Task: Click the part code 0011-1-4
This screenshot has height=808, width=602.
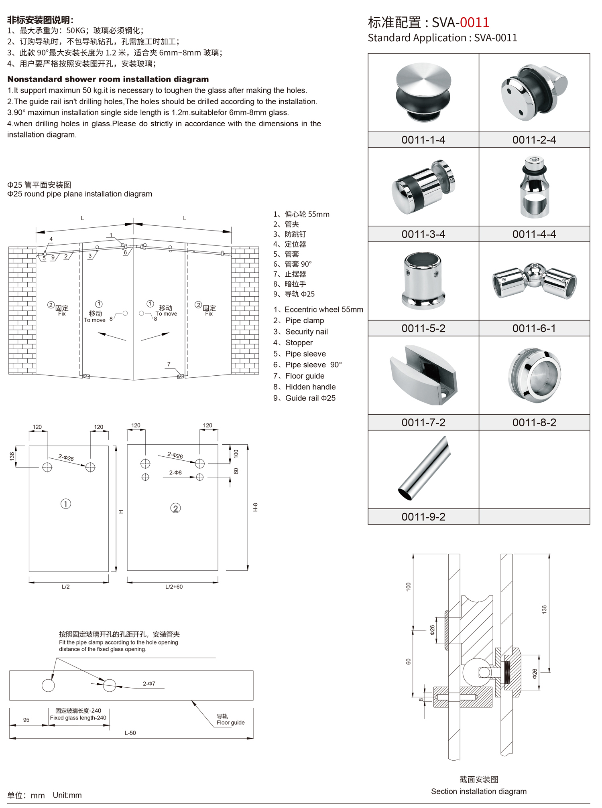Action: click(423, 140)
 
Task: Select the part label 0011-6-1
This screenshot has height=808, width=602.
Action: click(534, 328)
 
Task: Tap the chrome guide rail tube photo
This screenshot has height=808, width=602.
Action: click(425, 468)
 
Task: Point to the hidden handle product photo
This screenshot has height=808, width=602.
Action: click(535, 375)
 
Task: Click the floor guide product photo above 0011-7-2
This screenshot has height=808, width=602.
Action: click(423, 375)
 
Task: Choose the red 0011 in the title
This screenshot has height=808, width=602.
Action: click(474, 22)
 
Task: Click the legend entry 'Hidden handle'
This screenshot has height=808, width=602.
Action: click(310, 387)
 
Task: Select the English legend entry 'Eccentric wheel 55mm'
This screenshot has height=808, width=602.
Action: click(323, 310)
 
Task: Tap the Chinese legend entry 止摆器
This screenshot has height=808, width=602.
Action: click(295, 274)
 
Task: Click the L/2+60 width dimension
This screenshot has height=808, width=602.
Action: click(174, 587)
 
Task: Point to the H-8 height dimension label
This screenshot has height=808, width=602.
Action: click(255, 507)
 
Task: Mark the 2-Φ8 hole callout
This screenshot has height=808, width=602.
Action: click(175, 473)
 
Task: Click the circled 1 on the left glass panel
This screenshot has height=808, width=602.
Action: click(66, 504)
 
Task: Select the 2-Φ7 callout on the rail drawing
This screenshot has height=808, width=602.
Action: click(149, 684)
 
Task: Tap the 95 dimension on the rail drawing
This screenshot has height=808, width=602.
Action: click(26, 720)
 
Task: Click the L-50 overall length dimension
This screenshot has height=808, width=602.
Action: click(130, 733)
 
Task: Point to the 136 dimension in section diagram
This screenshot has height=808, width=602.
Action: click(544, 609)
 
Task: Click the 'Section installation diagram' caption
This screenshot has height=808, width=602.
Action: click(479, 792)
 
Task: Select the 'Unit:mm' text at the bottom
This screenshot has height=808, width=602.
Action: click(67, 795)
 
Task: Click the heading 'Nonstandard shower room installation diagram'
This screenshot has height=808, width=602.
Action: click(108, 79)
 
